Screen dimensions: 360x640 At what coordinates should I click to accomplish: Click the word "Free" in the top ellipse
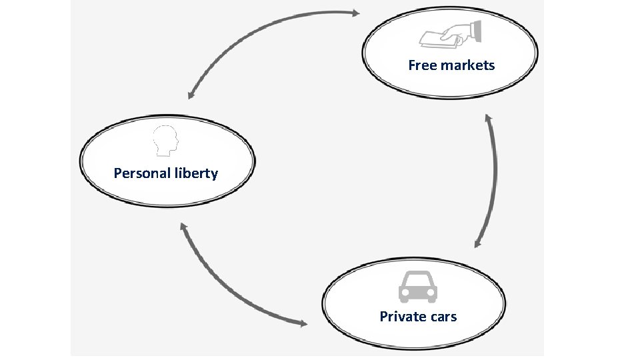(423, 65)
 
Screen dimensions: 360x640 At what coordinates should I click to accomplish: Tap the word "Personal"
(138, 173)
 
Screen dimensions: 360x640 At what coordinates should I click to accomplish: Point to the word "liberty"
(195, 173)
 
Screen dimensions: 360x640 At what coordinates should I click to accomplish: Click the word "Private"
(402, 316)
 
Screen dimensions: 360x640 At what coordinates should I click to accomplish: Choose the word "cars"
(442, 316)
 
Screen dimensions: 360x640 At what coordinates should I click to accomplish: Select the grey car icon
(418, 287)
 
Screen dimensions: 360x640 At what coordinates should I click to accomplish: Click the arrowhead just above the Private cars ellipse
(478, 243)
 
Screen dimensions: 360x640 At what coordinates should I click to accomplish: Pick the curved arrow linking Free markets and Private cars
(495, 180)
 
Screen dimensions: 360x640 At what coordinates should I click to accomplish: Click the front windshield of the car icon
(418, 279)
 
